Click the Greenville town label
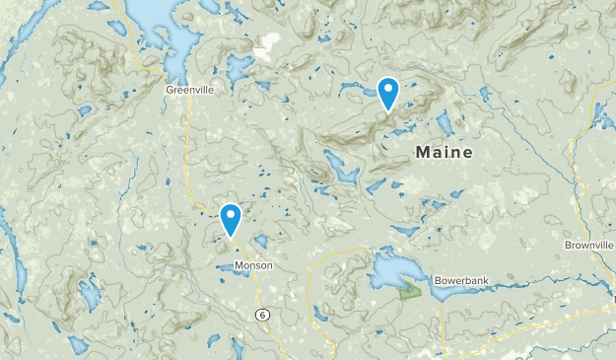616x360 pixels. (x=188, y=89)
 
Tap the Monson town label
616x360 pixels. (x=253, y=266)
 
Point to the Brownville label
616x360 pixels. (x=589, y=245)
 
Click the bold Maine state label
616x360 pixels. (x=444, y=153)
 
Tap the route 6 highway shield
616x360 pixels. (x=261, y=315)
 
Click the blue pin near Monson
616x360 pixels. (x=231, y=219)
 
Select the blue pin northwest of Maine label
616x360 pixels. (x=389, y=93)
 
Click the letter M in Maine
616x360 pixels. (x=424, y=153)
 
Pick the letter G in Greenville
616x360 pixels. (x=169, y=89)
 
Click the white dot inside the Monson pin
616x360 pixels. (x=231, y=212)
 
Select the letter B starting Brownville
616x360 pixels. (x=568, y=245)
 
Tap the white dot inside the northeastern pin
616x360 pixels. (x=389, y=87)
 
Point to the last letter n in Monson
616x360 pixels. (x=269, y=266)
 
